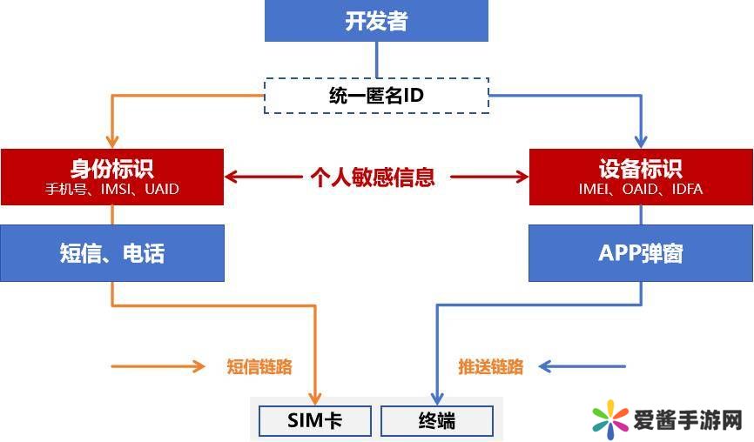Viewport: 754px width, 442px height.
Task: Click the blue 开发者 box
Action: (x=376, y=22)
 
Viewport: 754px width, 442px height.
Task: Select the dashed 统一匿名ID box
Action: (x=376, y=96)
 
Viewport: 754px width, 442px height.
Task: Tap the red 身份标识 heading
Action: (x=112, y=168)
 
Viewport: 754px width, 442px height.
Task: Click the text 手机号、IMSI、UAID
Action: (x=112, y=188)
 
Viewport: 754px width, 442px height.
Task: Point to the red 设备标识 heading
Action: (x=641, y=168)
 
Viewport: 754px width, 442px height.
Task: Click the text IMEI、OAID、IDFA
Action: (x=641, y=188)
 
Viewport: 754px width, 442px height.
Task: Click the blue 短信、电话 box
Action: (x=112, y=253)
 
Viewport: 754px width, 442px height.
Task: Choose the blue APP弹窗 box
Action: (x=641, y=253)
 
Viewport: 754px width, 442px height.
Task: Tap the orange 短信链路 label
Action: (x=259, y=366)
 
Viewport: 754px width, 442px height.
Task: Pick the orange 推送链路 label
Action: (x=491, y=366)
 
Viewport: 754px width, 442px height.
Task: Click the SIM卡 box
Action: (x=315, y=422)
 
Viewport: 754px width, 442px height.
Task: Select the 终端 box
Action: (x=437, y=422)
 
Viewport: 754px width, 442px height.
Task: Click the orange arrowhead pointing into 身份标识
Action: (x=112, y=141)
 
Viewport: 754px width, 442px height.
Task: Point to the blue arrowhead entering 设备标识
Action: (x=642, y=141)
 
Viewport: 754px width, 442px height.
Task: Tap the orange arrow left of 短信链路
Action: (x=158, y=366)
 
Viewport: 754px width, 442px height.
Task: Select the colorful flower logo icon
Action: (x=611, y=421)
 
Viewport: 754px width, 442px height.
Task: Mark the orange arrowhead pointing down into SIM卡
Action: (x=315, y=397)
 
